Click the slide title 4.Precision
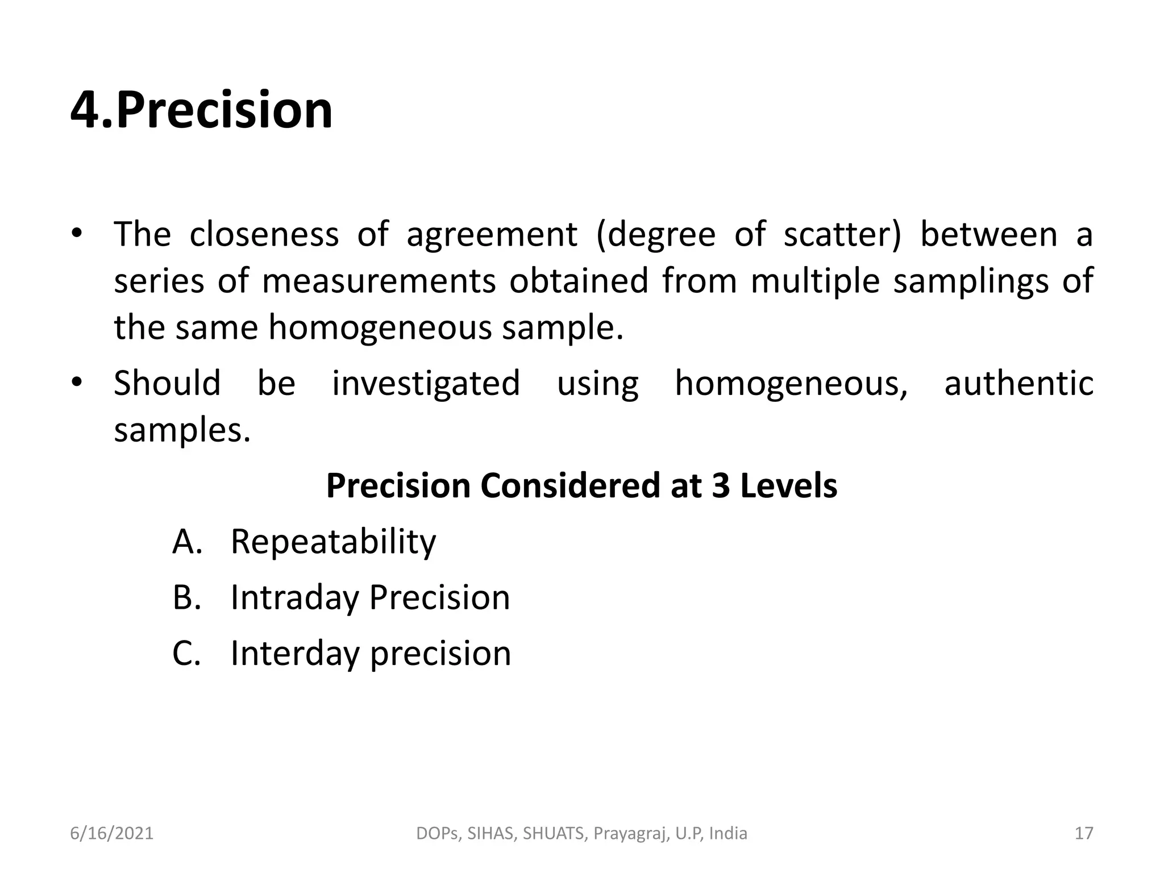[201, 110]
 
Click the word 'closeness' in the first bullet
[264, 234]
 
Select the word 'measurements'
[379, 281]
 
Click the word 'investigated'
[426, 383]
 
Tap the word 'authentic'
[1018, 383]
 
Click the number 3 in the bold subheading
[721, 486]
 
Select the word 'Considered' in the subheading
[570, 486]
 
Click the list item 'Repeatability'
[333, 542]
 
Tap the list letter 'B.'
[187, 597]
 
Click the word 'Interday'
[295, 654]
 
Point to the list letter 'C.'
[186, 654]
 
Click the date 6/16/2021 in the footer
[112, 834]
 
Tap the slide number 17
[1084, 834]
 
